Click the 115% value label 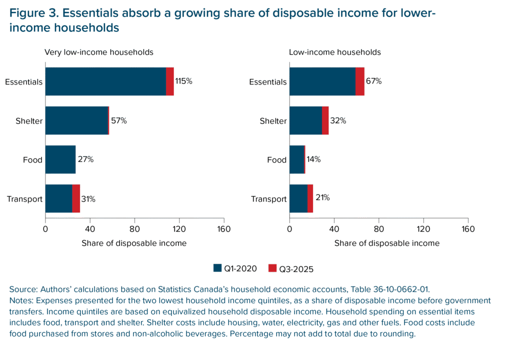click(183, 81)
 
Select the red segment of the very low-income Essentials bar click(170, 81)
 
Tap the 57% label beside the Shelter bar click(119, 120)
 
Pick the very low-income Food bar click(60, 159)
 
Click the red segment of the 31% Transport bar click(76, 198)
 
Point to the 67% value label click(373, 81)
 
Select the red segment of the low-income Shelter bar click(325, 120)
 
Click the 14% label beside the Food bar click(314, 159)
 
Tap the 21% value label click(322, 198)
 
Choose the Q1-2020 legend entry click(235, 268)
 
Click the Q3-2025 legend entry click(291, 269)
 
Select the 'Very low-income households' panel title click(99, 52)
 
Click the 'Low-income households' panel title click(335, 52)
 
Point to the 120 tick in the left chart click(179, 229)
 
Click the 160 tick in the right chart click(468, 229)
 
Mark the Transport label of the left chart click(24, 199)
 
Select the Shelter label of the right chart click(273, 121)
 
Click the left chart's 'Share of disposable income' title click(134, 243)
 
